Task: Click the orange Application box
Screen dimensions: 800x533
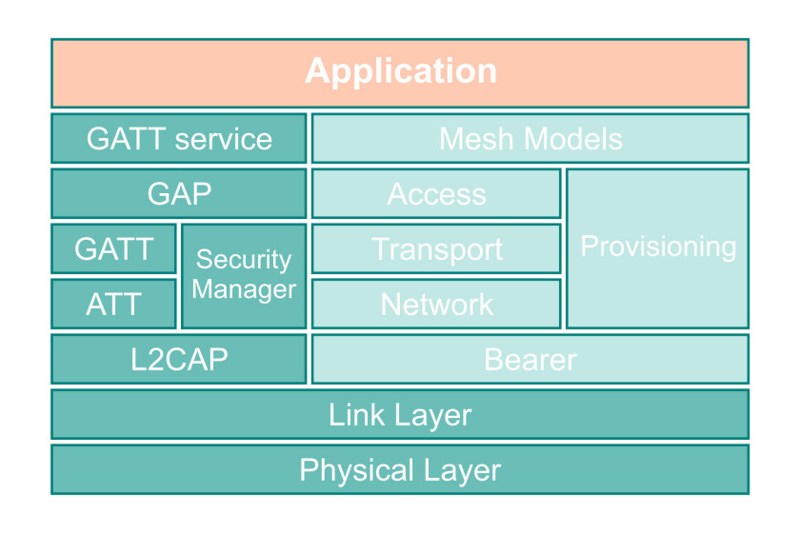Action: [400, 73]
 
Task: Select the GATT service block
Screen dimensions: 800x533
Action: [179, 138]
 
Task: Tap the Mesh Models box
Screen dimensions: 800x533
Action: [530, 138]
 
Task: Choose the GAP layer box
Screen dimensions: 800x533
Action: [179, 193]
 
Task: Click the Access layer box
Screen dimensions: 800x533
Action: [436, 193]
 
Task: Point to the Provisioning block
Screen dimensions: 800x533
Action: [658, 248]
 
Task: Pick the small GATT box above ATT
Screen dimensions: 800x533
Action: [113, 248]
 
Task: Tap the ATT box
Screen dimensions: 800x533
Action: [113, 304]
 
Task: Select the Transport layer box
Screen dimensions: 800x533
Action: [436, 248]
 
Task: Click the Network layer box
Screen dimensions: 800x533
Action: [436, 304]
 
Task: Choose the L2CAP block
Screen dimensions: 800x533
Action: [179, 359]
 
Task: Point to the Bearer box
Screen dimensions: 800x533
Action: [530, 359]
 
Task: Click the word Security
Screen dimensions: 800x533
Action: [244, 260]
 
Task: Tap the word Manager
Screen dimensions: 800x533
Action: [244, 289]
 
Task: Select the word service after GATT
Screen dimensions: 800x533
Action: [224, 139]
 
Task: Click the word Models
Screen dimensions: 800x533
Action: [573, 139]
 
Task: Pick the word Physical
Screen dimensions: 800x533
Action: [356, 470]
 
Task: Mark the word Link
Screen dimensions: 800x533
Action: [356, 414]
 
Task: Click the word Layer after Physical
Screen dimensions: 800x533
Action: [462, 470]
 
